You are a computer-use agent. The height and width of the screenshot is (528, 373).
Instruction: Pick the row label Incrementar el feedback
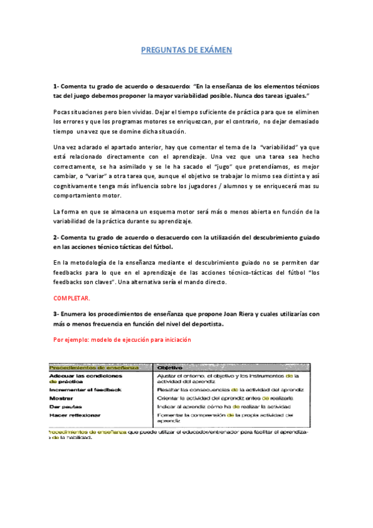(85, 389)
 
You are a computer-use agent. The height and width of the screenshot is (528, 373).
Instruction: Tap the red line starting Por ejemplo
(122, 340)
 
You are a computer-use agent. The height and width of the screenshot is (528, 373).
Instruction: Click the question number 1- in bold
(57, 87)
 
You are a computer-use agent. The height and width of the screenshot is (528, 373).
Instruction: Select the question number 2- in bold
(57, 237)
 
